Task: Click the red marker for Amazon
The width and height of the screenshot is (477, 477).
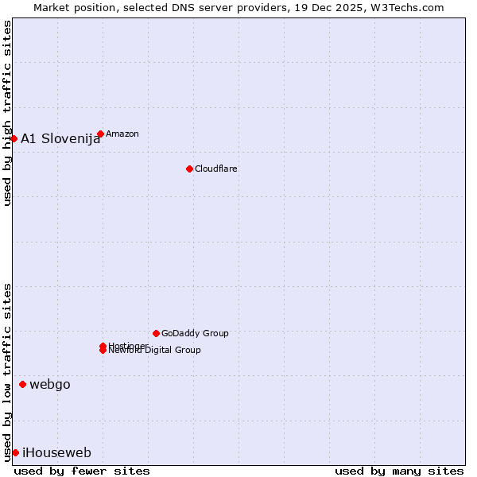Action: pyautogui.click(x=100, y=134)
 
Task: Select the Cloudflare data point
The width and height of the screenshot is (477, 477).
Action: pyautogui.click(x=189, y=169)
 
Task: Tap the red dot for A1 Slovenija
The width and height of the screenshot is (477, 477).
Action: pyautogui.click(x=14, y=138)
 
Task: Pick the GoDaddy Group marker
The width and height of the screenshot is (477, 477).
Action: pyautogui.click(x=156, y=333)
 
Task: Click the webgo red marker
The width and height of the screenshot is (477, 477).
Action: pyautogui.click(x=22, y=384)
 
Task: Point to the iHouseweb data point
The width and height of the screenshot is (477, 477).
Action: pyautogui.click(x=15, y=452)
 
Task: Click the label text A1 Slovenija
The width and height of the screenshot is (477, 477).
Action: pyautogui.click(x=60, y=138)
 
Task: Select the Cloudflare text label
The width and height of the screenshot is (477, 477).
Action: pyautogui.click(x=215, y=169)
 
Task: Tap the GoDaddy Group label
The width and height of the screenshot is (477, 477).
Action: pyautogui.click(x=195, y=333)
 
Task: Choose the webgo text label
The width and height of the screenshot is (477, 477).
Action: pyautogui.click(x=50, y=384)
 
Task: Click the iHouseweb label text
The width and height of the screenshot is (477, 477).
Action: pyautogui.click(x=56, y=452)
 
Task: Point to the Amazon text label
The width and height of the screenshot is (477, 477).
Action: pyautogui.click(x=122, y=134)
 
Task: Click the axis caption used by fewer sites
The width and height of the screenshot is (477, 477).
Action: pyautogui.click(x=82, y=471)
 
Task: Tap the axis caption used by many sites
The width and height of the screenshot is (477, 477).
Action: pyautogui.click(x=399, y=471)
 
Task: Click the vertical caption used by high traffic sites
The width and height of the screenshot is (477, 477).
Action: pyautogui.click(x=7, y=113)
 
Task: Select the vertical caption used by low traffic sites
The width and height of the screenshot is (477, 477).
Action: pyautogui.click(x=7, y=371)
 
